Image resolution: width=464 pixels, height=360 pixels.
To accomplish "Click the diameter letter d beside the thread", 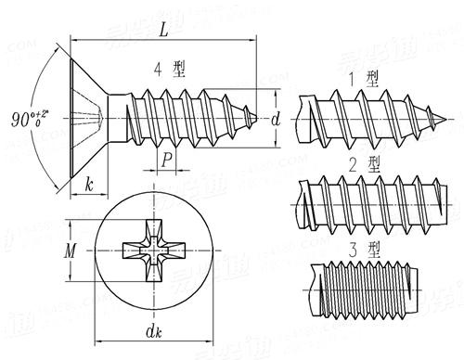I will pyautogui.click(x=276, y=119).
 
